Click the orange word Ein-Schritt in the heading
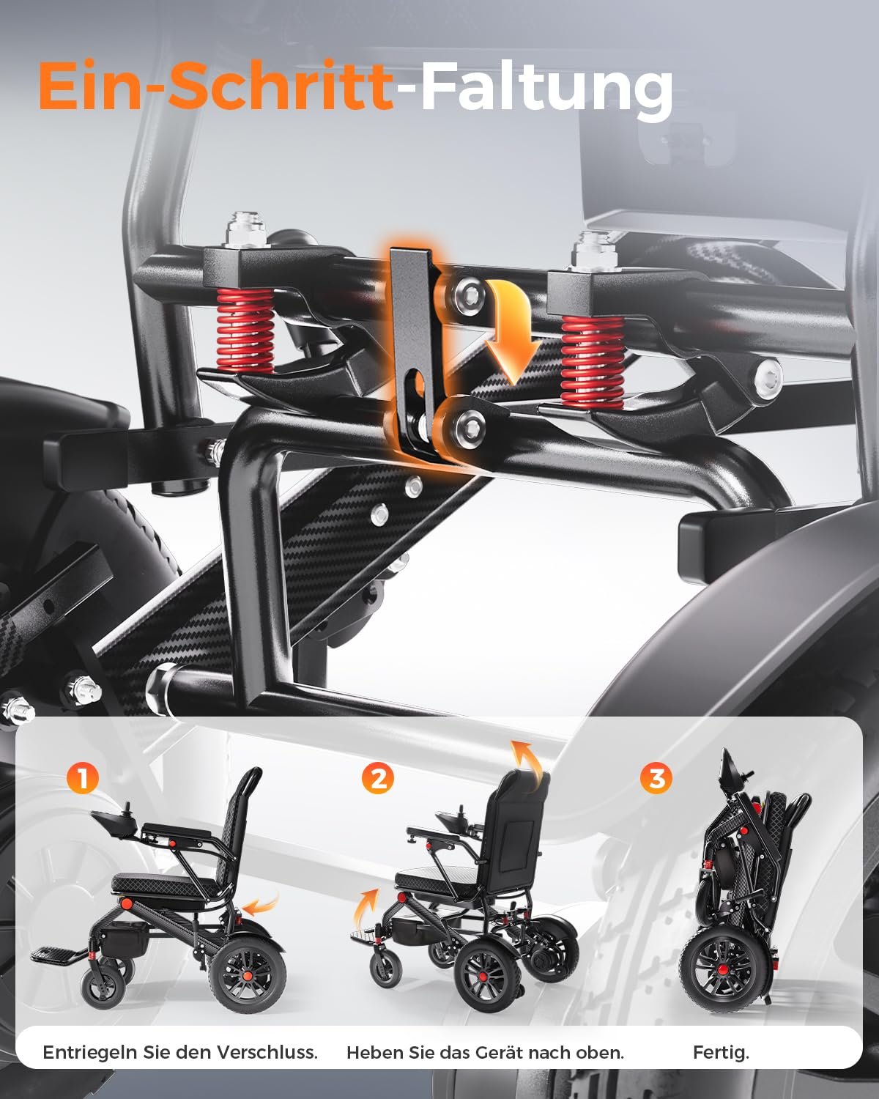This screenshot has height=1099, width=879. pos(215,85)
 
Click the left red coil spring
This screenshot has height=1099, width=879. pos(245,330)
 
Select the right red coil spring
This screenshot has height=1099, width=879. pos(593,361)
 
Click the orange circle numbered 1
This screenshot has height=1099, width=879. pos(82,777)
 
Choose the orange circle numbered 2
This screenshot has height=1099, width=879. pos(377,778)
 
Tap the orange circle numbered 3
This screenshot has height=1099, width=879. pos(656,777)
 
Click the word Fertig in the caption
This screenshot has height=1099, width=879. pos(721,1052)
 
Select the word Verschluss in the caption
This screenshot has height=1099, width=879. pos(267,1051)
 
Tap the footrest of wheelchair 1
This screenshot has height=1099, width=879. pos(56,953)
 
